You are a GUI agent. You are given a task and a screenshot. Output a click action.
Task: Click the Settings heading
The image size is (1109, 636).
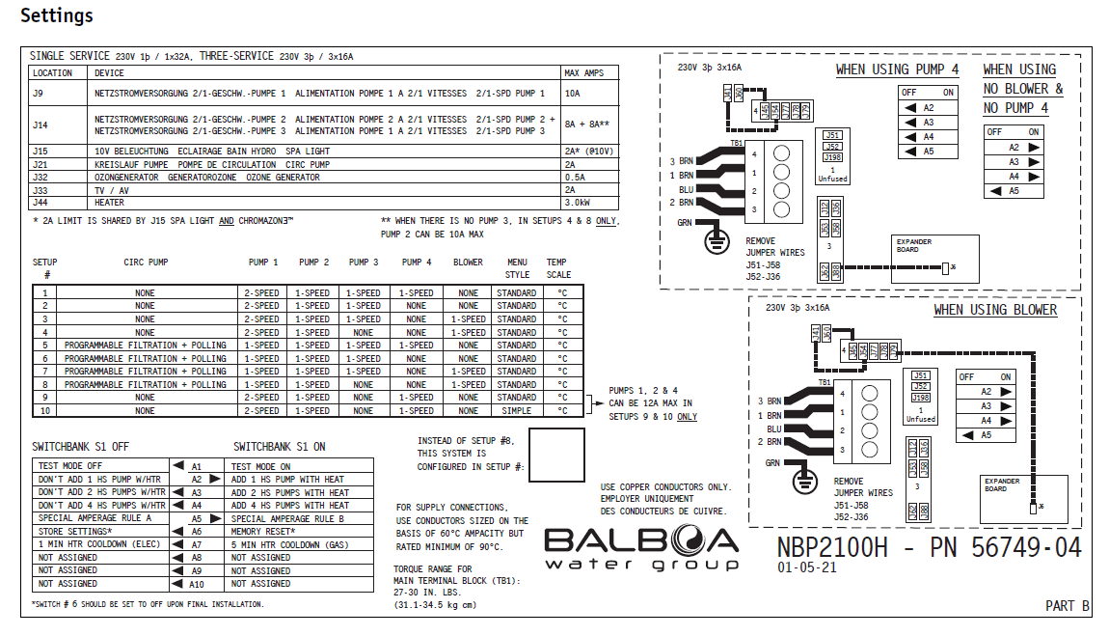[x=57, y=15]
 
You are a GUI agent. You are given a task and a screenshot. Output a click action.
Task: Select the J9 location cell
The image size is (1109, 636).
[x=40, y=94]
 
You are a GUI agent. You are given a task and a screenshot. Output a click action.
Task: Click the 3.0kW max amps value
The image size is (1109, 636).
[x=578, y=203]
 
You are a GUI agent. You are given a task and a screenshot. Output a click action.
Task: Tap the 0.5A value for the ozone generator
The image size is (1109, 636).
[x=576, y=178]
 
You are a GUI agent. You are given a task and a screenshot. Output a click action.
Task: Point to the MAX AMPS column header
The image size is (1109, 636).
[x=583, y=73]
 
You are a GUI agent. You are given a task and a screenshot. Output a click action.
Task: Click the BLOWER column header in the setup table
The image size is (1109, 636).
[x=468, y=263]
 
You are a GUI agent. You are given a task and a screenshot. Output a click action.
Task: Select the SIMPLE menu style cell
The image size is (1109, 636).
[x=517, y=410]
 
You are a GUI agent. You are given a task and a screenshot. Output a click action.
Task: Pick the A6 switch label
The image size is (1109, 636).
[x=197, y=531]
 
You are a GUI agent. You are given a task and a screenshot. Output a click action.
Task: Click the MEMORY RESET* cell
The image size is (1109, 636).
[x=262, y=531]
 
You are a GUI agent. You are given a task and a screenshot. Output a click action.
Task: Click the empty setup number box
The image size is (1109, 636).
[x=556, y=456]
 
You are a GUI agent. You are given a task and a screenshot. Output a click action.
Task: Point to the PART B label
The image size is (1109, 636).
[x=1067, y=606]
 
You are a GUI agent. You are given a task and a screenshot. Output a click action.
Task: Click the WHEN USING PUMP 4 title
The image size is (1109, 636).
[x=897, y=69]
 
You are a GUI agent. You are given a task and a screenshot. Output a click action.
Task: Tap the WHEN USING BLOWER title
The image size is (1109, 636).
[x=995, y=310]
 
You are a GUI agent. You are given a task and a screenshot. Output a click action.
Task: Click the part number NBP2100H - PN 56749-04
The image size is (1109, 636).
[x=929, y=546]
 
